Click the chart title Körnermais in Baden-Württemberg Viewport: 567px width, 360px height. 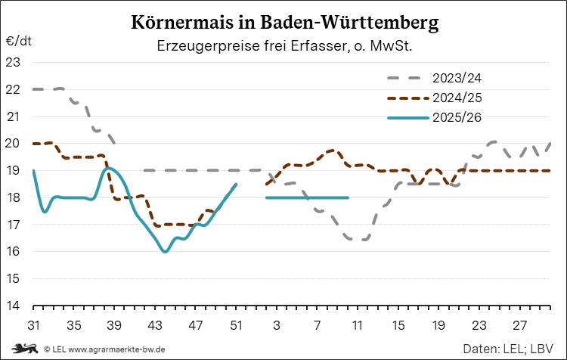pos(283,23)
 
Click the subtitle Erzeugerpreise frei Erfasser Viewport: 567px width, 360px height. pos(283,46)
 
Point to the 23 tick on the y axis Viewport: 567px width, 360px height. pos(14,63)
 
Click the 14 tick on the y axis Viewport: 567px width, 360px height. pos(14,306)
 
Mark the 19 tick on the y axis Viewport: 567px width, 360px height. pos(14,171)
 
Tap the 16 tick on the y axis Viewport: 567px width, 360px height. pos(14,252)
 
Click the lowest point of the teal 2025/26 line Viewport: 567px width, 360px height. pos(165,251)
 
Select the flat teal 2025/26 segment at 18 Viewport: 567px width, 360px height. pos(307,197)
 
